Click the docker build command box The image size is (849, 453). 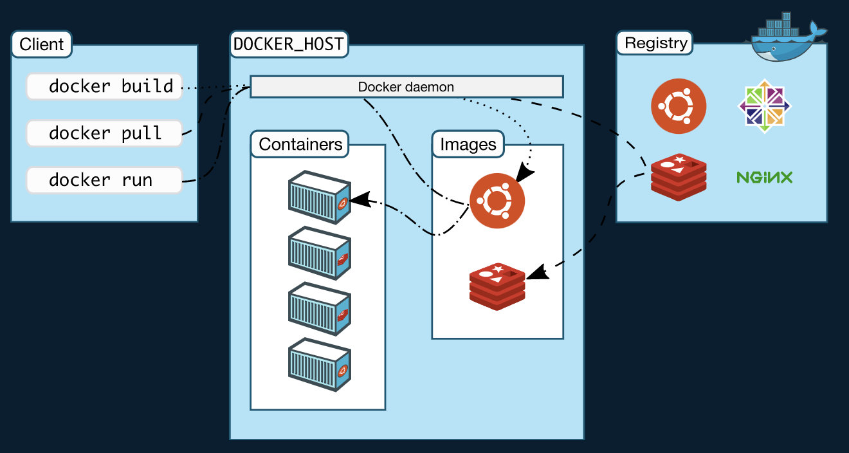104,86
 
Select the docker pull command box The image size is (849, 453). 104,133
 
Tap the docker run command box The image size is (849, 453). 104,180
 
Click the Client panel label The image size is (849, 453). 42,44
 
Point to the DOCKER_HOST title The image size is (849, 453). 289,44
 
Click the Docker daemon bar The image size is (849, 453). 406,87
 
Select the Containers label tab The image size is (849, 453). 300,144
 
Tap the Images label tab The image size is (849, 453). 468,144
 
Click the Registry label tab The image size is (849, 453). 656,43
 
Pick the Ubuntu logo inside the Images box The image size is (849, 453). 497,201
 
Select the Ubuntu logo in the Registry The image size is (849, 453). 678,106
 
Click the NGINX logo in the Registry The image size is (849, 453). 764,177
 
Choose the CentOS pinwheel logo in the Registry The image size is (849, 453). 764,106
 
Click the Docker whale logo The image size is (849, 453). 788,38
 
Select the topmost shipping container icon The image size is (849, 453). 319,197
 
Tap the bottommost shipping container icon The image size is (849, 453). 319,364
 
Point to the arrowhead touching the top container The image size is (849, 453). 360,199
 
